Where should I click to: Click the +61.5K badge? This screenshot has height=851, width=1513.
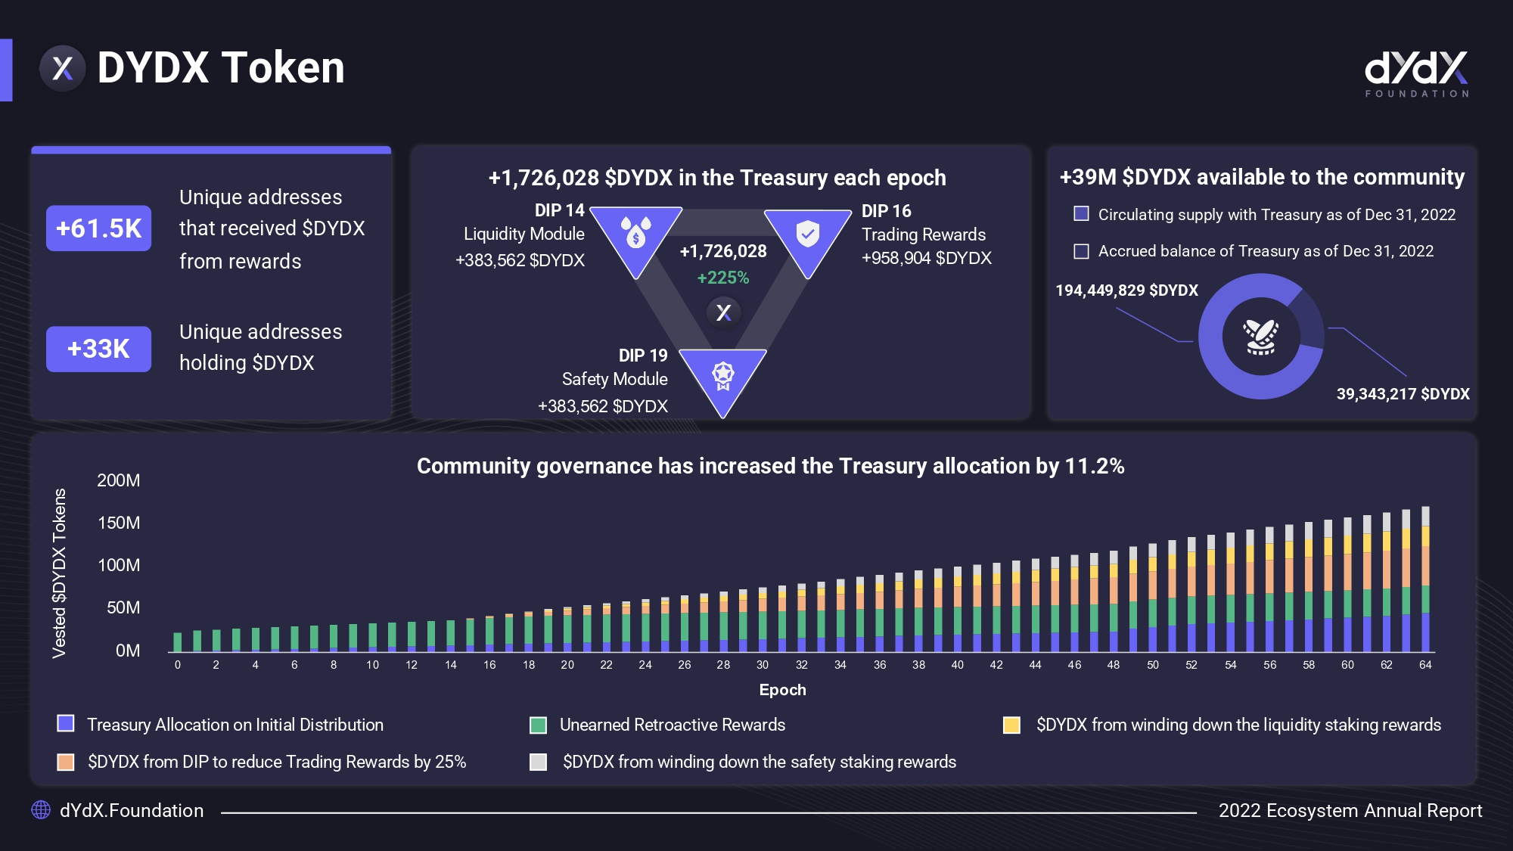[98, 228]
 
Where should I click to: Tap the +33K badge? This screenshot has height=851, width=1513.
[98, 349]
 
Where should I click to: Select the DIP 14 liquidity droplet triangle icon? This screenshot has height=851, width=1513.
[635, 234]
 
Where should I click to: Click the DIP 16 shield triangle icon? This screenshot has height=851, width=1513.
[807, 235]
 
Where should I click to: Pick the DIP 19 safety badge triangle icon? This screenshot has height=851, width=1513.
[722, 376]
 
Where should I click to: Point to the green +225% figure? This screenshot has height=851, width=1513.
[723, 278]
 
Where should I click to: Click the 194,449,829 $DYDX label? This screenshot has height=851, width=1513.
[1126, 290]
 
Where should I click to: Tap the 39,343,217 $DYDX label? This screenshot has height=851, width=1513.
[1403, 394]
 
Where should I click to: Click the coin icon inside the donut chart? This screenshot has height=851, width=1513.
[1261, 337]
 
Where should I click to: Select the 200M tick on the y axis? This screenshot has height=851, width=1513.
[119, 480]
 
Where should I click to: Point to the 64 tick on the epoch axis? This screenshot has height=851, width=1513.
[1425, 665]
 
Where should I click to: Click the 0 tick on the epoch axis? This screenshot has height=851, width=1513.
[178, 665]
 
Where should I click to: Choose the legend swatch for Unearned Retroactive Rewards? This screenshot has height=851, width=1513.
[538, 725]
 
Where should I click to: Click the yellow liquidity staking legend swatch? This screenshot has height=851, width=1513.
[1011, 725]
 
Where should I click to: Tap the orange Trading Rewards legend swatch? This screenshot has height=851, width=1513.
[66, 762]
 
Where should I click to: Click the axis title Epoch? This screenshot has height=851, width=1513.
[782, 690]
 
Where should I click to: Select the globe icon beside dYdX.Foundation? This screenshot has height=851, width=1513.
[41, 810]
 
